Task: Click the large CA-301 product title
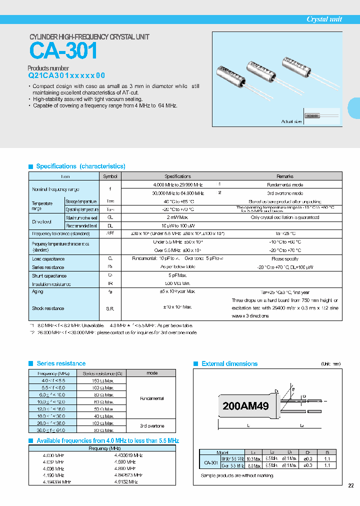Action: [63, 51]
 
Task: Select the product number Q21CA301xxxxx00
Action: [66, 76]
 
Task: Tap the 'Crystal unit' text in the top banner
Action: [324, 19]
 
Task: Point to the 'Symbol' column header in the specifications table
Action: [110, 176]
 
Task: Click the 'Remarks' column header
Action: [285, 176]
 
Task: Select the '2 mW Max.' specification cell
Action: [178, 217]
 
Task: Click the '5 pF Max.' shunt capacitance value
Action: [178, 275]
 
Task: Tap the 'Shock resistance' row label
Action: [48, 308]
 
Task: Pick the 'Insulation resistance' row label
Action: [51, 284]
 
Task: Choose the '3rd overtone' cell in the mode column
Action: [152, 426]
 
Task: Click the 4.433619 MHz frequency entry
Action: [128, 455]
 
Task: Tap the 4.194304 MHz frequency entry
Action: [57, 481]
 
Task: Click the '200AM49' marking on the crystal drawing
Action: [245, 406]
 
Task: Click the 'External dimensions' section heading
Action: [229, 363]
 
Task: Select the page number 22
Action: [350, 485]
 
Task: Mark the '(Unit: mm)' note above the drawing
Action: [331, 364]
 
